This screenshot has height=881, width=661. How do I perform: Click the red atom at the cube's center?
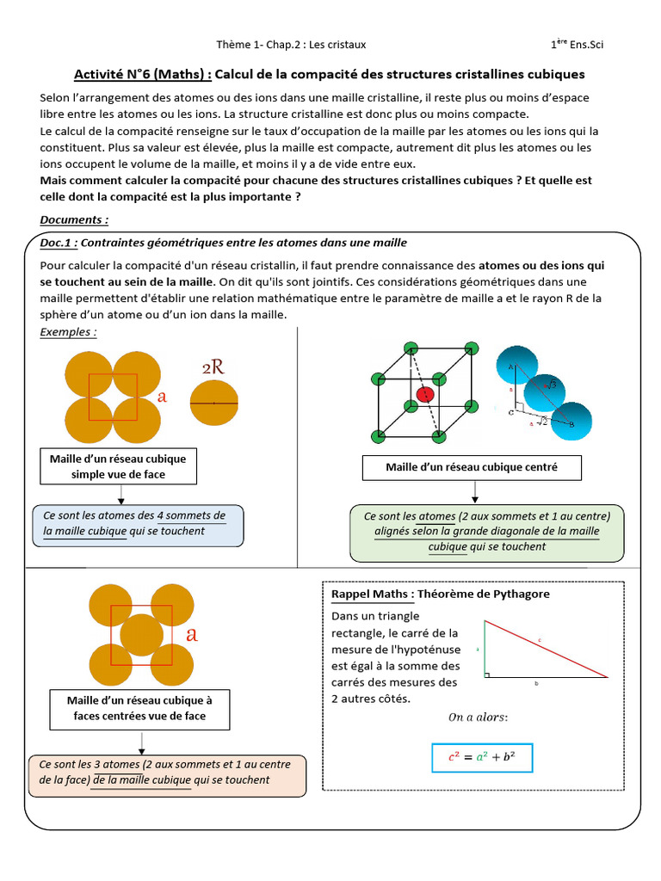click(x=424, y=393)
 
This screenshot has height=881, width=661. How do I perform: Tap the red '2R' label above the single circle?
click(x=213, y=367)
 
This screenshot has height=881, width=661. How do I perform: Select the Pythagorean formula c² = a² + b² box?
click(x=482, y=757)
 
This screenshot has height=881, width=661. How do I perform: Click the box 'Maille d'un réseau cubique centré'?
click(x=471, y=467)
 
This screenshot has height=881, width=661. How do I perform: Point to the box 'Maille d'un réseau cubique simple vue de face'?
click(x=119, y=466)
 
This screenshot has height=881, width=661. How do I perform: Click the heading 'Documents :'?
click(x=74, y=219)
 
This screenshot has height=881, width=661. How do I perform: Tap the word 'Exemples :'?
click(x=68, y=332)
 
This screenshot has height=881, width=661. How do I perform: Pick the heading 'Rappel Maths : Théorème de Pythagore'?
click(x=441, y=594)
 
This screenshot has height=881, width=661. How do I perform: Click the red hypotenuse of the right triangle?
click(x=542, y=645)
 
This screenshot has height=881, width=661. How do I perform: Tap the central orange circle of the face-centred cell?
click(x=141, y=636)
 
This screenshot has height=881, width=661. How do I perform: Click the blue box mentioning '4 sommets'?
click(x=138, y=524)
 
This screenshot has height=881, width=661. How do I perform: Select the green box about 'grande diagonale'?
click(x=487, y=531)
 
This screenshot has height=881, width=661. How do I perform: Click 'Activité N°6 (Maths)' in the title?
click(x=139, y=74)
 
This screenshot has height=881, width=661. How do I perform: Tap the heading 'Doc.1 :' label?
click(x=59, y=243)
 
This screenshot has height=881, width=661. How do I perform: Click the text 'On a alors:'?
click(x=478, y=717)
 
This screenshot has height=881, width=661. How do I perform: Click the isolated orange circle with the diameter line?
click(x=213, y=404)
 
